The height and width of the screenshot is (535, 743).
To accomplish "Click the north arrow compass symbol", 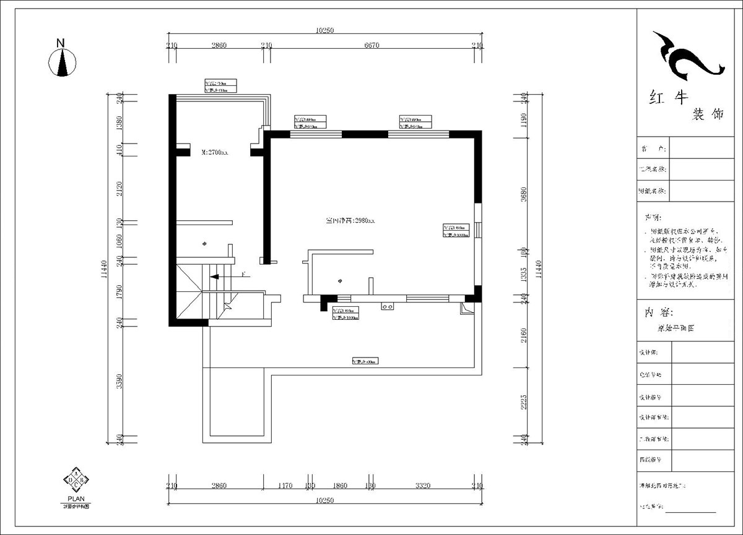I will click(x=63, y=63).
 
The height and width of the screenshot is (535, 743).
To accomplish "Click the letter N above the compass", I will click(x=60, y=43).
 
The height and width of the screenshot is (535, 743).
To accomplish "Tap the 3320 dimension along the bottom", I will click(x=423, y=486).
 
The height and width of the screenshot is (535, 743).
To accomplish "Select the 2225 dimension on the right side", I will click(x=524, y=403).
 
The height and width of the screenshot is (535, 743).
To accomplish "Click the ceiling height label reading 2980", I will click(x=350, y=220).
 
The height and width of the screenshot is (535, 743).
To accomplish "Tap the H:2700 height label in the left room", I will click(x=215, y=152).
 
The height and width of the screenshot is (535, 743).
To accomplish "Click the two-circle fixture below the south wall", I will click(x=388, y=306).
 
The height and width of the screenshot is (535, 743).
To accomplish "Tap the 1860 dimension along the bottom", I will click(x=340, y=486).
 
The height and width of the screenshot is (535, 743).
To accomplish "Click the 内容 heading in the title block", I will click(x=659, y=312).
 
